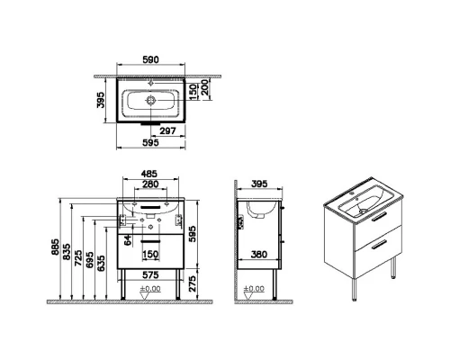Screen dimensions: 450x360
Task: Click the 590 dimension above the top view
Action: (150, 59)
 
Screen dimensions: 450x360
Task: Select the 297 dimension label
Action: (167, 130)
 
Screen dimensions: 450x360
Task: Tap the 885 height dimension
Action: (56, 247)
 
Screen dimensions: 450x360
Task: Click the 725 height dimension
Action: (78, 257)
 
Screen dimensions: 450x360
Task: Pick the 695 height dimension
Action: (89, 260)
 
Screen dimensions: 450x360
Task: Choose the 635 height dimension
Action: (102, 263)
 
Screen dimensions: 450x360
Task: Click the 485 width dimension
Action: (149, 174)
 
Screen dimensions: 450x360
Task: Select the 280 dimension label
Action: (150, 184)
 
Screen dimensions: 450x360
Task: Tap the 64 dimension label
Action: (128, 240)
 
